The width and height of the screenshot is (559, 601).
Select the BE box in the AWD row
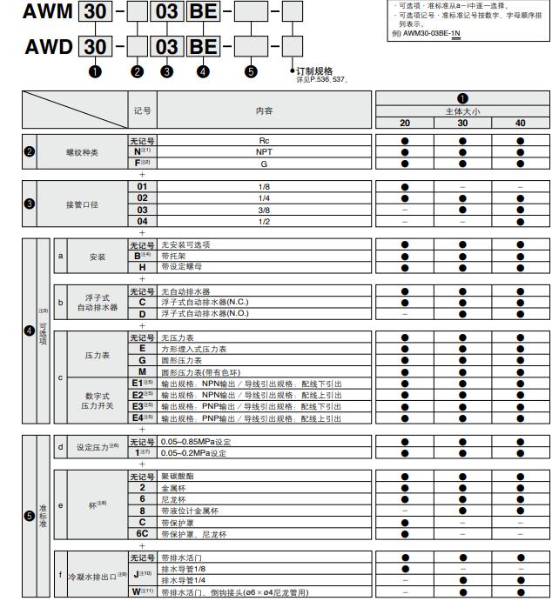tap(204, 47)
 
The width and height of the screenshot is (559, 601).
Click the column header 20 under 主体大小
tap(405, 123)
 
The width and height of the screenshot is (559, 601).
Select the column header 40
tap(520, 123)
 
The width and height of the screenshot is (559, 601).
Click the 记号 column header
tap(142, 110)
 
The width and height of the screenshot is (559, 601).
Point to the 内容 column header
tap(264, 110)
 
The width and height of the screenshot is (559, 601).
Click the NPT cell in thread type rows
tap(264, 150)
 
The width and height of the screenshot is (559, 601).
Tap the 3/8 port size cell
tap(264, 210)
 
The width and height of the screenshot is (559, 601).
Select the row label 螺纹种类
tap(83, 151)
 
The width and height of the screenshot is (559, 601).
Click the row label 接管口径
tap(83, 204)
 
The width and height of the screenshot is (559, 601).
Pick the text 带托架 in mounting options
tap(174, 256)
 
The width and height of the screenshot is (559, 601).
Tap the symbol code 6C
tap(142, 534)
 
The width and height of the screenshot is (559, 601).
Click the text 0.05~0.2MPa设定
tap(193, 453)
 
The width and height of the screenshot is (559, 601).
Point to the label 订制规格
tap(314, 71)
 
